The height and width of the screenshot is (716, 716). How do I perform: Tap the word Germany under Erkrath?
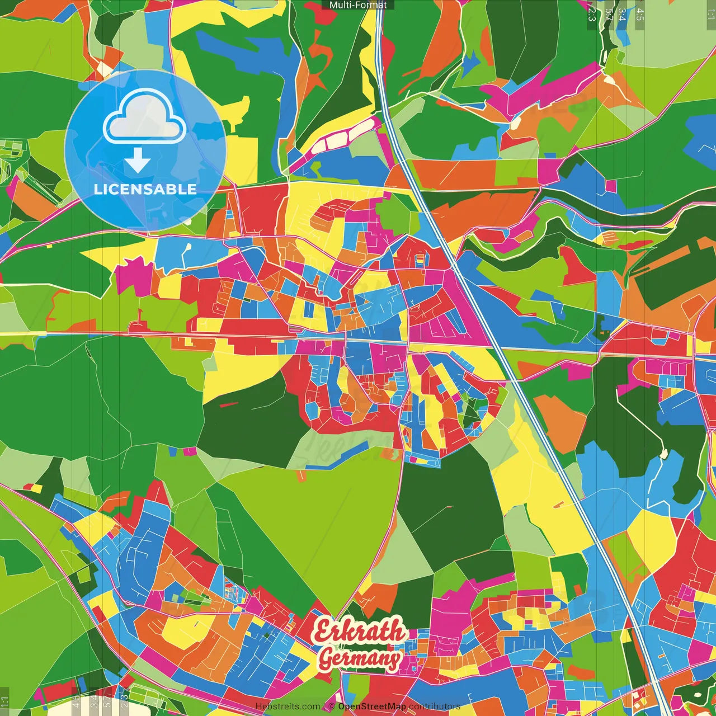coord(360,659)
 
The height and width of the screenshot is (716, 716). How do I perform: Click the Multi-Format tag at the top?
coord(358,5)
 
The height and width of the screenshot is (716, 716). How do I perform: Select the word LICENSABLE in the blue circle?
coord(145,189)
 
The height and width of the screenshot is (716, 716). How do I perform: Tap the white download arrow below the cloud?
coord(137,161)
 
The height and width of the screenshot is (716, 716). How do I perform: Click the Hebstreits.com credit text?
coord(288,706)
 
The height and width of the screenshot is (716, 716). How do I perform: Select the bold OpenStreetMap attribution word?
coord(372,706)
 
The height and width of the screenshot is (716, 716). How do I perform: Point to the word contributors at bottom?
coord(435,706)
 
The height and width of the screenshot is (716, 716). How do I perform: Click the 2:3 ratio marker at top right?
coord(592,15)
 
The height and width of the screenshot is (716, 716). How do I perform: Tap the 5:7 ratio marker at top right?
coord(609,15)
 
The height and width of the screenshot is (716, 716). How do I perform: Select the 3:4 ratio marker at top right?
coord(622,15)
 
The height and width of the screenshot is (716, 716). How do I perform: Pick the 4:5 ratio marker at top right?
coord(640,15)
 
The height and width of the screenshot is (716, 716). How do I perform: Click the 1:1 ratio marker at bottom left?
coord(5,701)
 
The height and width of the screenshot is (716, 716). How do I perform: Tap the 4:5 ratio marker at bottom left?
coord(76,701)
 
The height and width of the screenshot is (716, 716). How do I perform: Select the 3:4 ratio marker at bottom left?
coord(94,701)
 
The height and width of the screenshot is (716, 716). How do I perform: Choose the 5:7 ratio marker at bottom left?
coord(107,701)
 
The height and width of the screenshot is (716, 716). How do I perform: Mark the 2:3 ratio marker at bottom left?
coord(124,701)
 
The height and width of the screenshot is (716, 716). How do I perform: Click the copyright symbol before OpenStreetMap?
coord(331,706)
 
